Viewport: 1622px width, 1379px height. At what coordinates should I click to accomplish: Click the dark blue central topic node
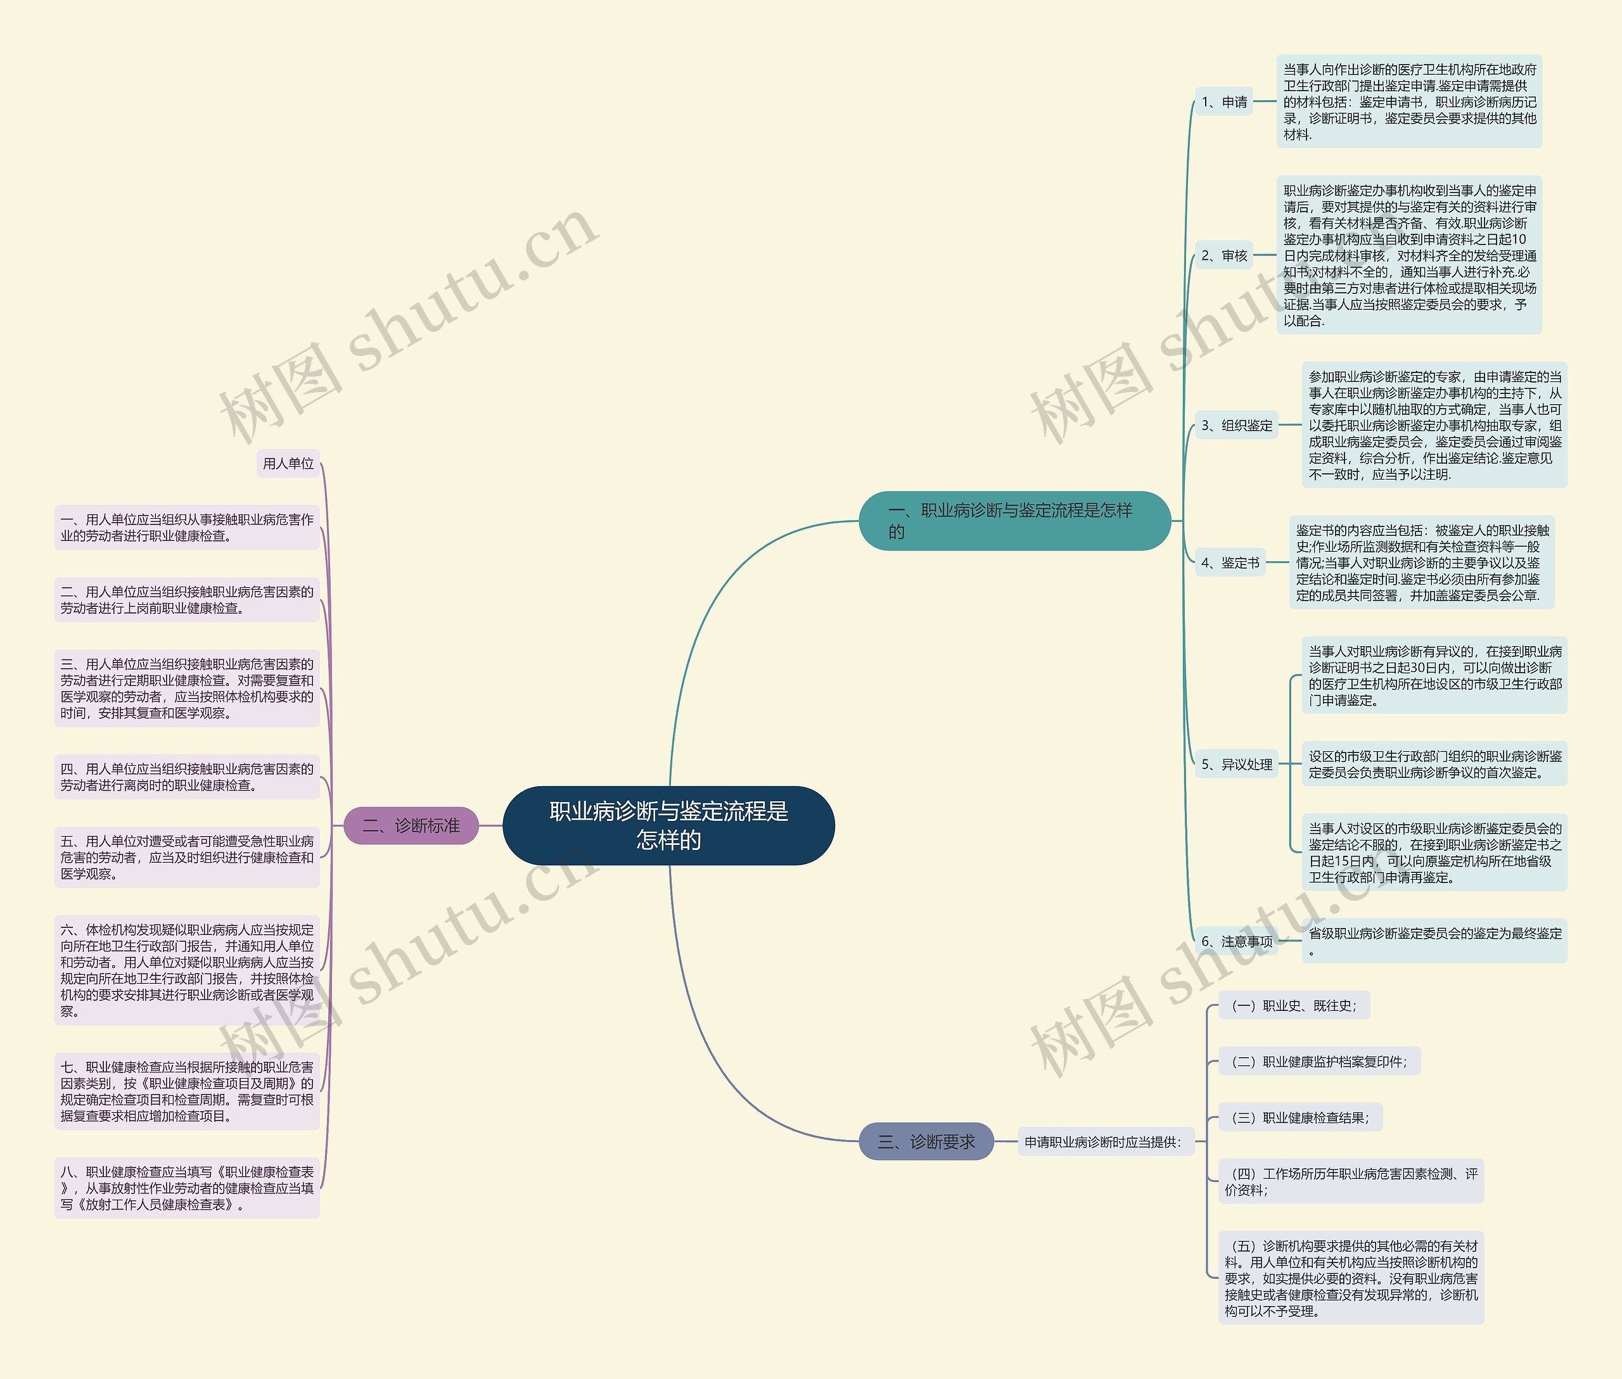coord(668,825)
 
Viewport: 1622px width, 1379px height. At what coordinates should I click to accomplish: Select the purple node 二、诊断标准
coord(411,825)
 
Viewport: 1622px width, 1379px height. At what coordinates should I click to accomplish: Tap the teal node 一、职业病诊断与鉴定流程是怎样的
coord(1014,521)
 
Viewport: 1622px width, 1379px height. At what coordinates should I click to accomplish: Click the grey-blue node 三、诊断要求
coord(927,1141)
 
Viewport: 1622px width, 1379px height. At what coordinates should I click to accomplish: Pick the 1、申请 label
coord(1224,101)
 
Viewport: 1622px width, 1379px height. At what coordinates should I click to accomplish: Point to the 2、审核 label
coord(1224,256)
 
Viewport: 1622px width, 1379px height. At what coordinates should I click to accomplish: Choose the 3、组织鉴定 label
coord(1236,425)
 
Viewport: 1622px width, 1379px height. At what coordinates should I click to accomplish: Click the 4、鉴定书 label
coord(1230,562)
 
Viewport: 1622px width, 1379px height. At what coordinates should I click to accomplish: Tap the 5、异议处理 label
coord(1236,764)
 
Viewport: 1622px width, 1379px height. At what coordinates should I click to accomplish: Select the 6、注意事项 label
coord(1236,941)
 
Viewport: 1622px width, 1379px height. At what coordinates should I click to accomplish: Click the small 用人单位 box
coord(288,464)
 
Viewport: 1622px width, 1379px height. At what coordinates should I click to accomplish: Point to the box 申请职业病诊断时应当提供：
coord(1102,1141)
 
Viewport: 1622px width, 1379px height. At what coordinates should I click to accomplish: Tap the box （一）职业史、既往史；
coord(1294,1005)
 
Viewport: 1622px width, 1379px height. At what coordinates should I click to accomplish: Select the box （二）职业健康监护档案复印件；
coord(1319,1062)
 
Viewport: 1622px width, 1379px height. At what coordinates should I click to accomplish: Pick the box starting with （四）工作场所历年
coord(1351,1181)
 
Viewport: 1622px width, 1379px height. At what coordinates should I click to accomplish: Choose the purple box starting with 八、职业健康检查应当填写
coord(187,1188)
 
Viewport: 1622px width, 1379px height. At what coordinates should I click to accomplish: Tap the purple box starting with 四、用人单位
coord(187,777)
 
